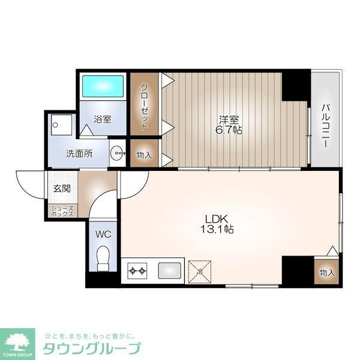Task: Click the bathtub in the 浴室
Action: click(103, 86)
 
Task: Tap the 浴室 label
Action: click(103, 119)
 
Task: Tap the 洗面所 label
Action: click(79, 153)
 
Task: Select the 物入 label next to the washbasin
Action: click(145, 155)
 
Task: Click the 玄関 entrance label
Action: click(61, 188)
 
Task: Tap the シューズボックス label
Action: click(62, 211)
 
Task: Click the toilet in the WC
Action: click(104, 259)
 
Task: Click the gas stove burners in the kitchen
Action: click(137, 272)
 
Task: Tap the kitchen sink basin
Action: click(170, 271)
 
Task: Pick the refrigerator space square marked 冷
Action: click(199, 271)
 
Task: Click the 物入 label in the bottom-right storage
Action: click(326, 272)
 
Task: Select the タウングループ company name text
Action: click(91, 348)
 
